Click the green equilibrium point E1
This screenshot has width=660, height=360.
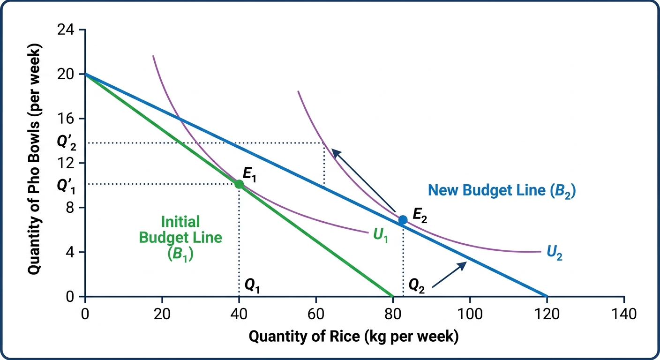coord(239,184)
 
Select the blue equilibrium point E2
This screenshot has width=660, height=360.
coord(403,220)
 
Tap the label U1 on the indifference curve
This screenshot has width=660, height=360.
coord(380,236)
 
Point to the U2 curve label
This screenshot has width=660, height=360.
coord(555,253)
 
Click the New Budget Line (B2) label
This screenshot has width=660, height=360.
coord(502,191)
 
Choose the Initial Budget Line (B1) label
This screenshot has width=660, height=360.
coord(180,238)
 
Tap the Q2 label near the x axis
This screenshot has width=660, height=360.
coord(417,286)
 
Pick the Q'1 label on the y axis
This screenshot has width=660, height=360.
coord(66,187)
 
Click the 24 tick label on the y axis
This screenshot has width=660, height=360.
coord(66,30)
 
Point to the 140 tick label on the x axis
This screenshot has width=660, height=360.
coord(624,314)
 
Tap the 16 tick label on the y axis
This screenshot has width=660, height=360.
coord(66,119)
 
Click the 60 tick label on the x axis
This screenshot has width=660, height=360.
coord(316,314)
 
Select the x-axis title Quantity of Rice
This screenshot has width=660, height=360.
coord(353,337)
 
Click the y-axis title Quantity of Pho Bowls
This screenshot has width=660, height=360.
coord(34,159)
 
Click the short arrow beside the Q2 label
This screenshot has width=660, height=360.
coord(450,274)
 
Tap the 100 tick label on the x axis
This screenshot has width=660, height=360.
coord(470,314)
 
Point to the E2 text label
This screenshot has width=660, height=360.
coord(420,215)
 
